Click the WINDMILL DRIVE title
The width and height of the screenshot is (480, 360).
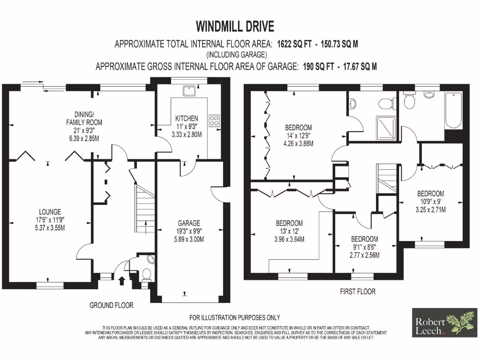(x=235, y=25)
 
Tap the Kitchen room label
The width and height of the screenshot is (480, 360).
(x=187, y=118)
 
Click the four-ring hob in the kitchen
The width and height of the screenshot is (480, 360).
(x=214, y=120)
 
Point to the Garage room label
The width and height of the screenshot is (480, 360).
(x=189, y=223)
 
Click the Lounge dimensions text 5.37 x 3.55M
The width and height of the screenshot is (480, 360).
(x=50, y=228)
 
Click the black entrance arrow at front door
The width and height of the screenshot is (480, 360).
(x=122, y=280)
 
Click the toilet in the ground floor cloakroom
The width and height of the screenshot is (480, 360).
(x=146, y=275)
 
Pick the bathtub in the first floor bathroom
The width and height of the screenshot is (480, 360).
(x=453, y=111)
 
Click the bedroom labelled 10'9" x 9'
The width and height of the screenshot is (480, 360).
(x=430, y=201)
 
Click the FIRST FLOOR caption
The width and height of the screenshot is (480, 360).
(x=358, y=292)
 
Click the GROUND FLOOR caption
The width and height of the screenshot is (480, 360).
(x=112, y=305)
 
